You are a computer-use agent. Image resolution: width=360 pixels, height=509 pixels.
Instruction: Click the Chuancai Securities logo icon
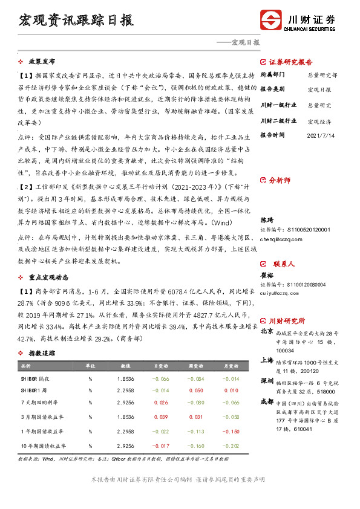click(x=270, y=19)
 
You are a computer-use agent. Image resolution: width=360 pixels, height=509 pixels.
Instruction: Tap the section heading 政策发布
click(x=42, y=62)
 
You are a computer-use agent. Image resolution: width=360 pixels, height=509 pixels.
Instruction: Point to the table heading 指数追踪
click(x=42, y=353)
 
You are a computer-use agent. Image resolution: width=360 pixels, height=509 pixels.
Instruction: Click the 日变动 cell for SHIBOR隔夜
click(x=160, y=378)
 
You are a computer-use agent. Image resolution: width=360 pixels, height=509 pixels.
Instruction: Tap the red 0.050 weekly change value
click(x=195, y=391)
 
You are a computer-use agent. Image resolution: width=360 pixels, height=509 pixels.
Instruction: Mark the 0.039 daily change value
click(x=160, y=417)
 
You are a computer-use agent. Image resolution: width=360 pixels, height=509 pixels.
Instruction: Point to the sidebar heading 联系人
click(x=284, y=264)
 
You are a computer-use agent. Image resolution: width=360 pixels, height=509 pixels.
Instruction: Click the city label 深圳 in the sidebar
click(x=266, y=381)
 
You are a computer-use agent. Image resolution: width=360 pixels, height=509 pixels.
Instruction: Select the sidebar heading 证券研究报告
click(x=290, y=62)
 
